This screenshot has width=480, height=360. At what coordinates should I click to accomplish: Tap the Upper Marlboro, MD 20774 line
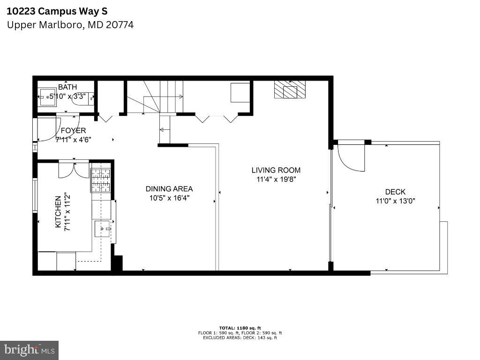tap(70, 25)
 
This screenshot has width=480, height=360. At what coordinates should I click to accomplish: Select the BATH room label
tap(67, 87)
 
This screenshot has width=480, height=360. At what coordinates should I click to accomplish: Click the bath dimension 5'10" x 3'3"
tap(71, 97)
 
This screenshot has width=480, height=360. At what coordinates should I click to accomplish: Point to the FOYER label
tap(73, 131)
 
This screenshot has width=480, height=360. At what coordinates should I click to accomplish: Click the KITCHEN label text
tap(58, 212)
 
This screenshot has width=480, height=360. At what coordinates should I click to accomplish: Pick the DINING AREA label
tap(169, 189)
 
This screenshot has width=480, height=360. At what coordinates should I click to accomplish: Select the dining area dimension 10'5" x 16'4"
tap(169, 198)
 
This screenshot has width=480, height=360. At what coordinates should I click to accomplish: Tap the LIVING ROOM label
tap(276, 170)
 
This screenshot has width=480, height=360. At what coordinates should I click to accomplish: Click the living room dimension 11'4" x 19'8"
tap(276, 179)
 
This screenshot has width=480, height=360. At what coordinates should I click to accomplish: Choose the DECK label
tap(395, 192)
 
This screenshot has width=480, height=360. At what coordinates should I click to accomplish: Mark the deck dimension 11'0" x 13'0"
tap(395, 201)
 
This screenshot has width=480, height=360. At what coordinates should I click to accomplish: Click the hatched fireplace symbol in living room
tap(290, 89)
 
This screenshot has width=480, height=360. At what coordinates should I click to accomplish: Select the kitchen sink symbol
tap(102, 229)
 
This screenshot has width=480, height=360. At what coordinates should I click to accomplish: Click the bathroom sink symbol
tap(47, 97)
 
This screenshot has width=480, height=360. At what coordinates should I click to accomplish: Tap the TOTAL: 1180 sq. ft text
tap(240, 328)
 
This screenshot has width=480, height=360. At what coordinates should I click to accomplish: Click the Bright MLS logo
tap(30, 350)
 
